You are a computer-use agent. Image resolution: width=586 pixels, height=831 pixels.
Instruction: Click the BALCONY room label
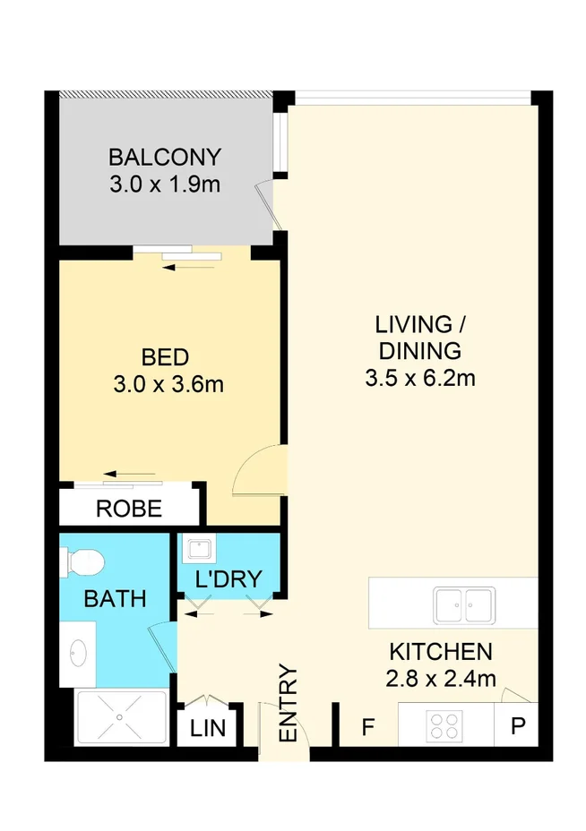[164, 158]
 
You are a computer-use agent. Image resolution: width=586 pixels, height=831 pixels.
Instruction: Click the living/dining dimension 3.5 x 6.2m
[419, 378]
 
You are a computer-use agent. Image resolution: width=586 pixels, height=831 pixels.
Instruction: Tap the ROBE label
[129, 510]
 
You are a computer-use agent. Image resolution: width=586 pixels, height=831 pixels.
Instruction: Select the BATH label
[115, 598]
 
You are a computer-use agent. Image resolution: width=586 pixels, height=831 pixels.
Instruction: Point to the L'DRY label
[228, 579]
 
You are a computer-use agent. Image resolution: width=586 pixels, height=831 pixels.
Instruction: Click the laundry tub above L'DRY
[198, 549]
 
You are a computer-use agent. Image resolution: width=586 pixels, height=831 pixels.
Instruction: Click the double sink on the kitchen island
[463, 604]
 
